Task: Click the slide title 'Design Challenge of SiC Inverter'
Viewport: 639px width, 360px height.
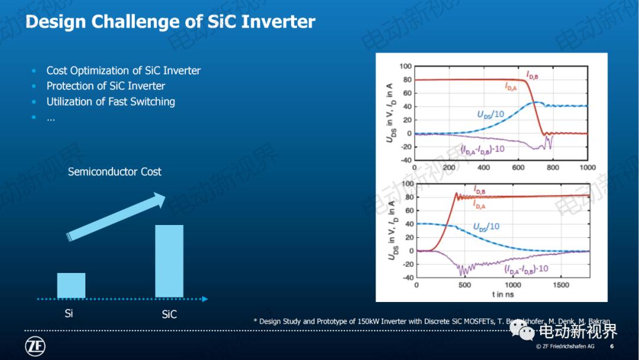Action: coord(170,22)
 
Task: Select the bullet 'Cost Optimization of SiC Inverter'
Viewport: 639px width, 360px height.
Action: coord(123,70)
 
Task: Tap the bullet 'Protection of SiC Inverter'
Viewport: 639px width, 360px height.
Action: coord(105,86)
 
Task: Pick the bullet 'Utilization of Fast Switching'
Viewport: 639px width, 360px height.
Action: coord(111,101)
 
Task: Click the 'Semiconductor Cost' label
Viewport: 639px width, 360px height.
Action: coord(114,172)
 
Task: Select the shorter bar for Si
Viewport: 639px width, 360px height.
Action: coord(71,285)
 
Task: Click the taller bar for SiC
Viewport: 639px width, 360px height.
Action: coord(169,261)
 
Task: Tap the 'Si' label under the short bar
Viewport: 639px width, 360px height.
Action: coord(69,313)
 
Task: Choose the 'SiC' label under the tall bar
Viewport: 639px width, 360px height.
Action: coord(169,314)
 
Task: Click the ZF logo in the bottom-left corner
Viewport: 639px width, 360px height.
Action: coord(35,346)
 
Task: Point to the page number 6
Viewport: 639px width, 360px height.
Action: coord(611,346)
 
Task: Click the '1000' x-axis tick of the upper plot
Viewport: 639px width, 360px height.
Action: coord(586,168)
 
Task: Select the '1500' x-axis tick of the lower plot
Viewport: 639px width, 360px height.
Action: coord(560,285)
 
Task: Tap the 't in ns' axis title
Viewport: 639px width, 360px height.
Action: coord(503,294)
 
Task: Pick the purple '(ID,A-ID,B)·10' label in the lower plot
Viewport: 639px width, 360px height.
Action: coord(525,268)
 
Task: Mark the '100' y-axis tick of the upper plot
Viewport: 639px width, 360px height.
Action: coord(405,66)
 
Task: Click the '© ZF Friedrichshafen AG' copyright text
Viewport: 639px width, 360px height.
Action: coord(565,346)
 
